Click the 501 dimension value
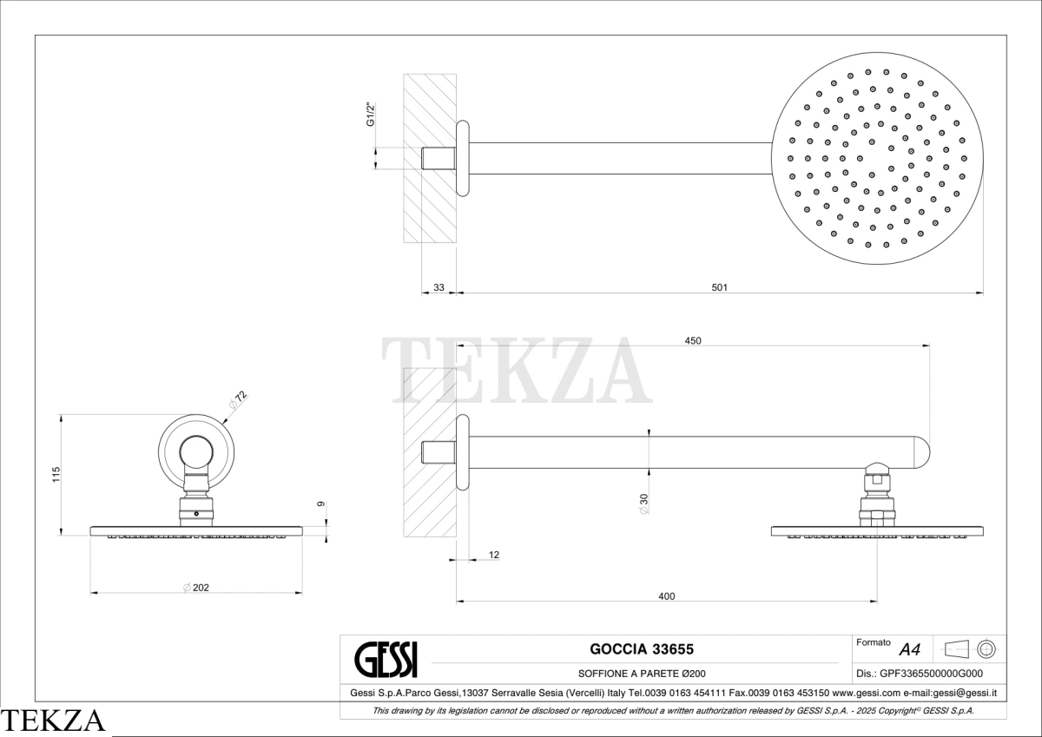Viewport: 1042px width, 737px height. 719,287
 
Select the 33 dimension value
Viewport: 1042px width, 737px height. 439,287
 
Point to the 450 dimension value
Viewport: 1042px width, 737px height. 693,341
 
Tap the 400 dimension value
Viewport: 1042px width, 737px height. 667,596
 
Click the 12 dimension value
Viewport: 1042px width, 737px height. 494,555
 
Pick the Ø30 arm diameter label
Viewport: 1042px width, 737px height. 643,503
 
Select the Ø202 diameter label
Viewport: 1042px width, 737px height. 196,588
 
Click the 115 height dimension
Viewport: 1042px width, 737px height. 56,474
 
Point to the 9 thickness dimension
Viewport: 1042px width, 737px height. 321,503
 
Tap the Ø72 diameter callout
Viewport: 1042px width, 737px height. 238,400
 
